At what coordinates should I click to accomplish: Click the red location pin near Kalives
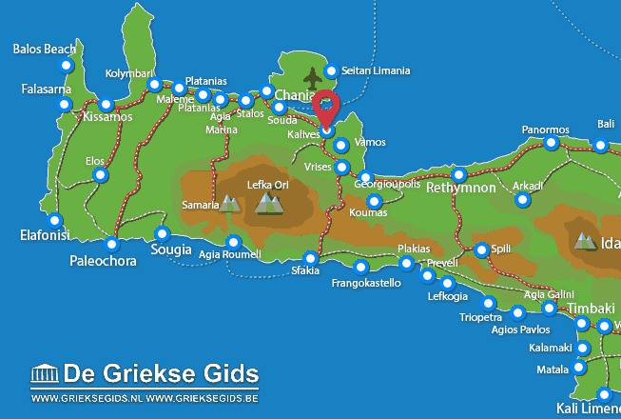click(x=327, y=107)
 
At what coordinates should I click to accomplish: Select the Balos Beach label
click(x=45, y=49)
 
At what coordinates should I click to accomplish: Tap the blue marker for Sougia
click(x=162, y=233)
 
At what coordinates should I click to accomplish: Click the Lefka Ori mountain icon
click(x=270, y=202)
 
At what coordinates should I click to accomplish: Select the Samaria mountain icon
click(x=229, y=203)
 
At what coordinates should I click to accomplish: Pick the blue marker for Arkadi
click(x=521, y=199)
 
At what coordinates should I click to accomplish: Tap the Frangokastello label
click(x=366, y=283)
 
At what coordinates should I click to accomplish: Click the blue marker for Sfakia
click(x=310, y=258)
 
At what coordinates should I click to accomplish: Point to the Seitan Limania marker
click(x=331, y=70)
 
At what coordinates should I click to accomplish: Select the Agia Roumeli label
click(x=229, y=255)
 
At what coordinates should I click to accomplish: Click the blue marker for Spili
click(x=481, y=249)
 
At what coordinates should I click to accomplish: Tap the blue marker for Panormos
click(x=551, y=143)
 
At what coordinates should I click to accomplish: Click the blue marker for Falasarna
click(x=65, y=103)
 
